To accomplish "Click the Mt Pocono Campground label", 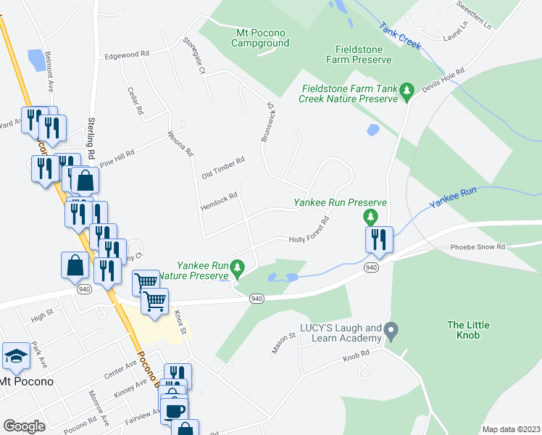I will coord(260,38).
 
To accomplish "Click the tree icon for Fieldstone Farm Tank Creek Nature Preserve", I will coord(407,89).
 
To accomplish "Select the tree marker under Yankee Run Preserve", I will coord(370,217).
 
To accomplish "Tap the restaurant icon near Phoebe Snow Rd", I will coord(379,239).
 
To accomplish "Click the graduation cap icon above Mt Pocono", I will coord(16,356).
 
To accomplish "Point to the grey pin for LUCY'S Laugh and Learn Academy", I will coord(391,333).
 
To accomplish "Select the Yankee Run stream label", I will coord(452,197).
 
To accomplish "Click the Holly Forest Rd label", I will coord(309,231).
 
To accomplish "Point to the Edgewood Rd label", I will coord(126,54).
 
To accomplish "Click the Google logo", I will coord(24,426).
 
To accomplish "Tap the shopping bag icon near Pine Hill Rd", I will coord(85,181).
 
